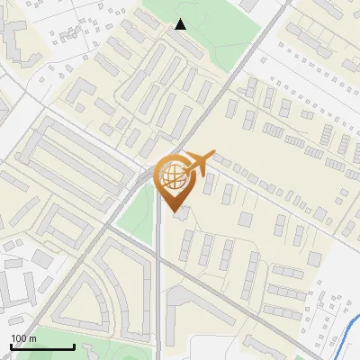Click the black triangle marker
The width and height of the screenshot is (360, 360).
coord(181,24)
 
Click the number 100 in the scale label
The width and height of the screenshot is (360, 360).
coord(19,338)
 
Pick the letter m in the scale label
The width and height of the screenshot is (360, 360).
coord(32,338)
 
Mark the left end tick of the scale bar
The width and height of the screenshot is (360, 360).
coord(11,346)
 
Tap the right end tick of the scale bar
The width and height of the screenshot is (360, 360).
coord(74,346)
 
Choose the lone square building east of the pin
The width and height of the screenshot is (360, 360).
coord(246,220)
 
